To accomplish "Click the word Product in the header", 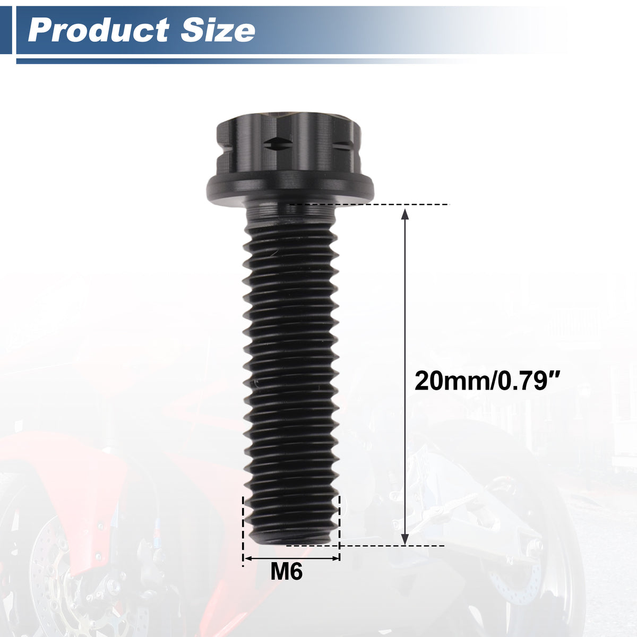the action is coord(99,30).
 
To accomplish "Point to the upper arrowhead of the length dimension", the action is coord(404,214).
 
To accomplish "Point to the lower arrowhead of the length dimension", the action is coord(404,539).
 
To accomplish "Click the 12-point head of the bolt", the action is coord(289,145).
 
